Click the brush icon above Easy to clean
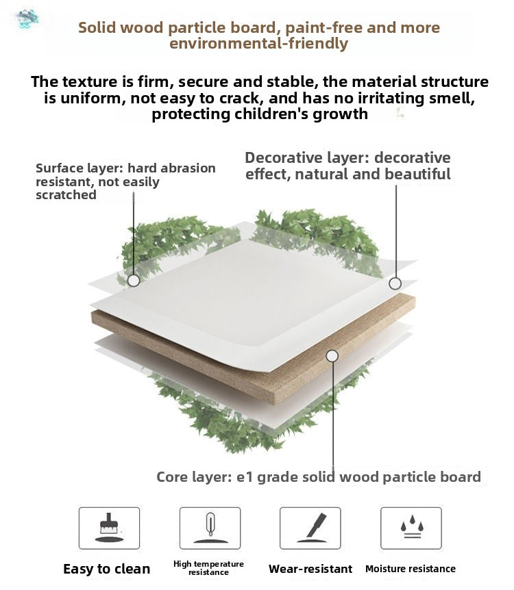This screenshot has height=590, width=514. point(109,528)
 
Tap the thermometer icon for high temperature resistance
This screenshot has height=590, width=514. point(210,528)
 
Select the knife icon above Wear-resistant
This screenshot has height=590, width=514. point(311,528)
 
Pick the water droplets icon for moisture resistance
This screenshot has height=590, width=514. point(412,526)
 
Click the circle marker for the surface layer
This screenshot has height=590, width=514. point(134,281)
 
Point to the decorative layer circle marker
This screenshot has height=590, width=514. point(395,283)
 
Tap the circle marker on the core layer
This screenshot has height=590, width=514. point(332,356)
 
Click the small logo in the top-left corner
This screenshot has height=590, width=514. point(25,18)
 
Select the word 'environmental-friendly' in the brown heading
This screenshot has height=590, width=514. point(258,44)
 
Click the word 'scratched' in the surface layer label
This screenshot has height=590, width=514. point(66,195)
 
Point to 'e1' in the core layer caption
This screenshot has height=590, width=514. point(244,477)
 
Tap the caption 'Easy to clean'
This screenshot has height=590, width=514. point(107,569)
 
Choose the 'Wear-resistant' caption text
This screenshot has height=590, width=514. point(310,569)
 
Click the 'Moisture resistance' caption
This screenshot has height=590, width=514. point(411,569)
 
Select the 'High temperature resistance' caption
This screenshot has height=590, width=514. point(208,568)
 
